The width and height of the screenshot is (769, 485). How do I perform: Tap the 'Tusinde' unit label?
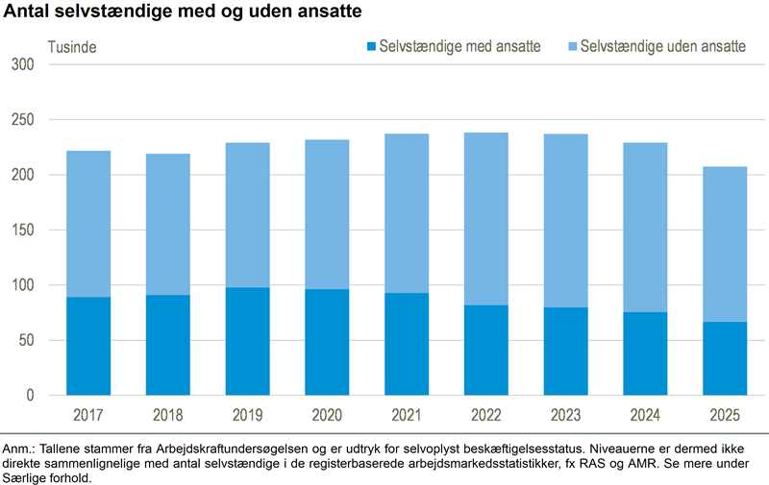pos(73,46)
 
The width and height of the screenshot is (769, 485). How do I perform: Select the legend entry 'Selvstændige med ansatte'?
pos(459,46)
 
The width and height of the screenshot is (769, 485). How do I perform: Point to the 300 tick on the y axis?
pos(22,64)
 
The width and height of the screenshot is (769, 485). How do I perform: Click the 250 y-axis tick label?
pos(22,120)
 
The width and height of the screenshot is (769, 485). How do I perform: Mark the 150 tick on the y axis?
pos(22,230)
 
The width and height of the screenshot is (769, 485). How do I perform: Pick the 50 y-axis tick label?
pos(26,341)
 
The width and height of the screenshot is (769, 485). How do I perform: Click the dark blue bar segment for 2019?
pos(248,341)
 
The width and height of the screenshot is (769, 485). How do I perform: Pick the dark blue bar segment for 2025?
pos(726,358)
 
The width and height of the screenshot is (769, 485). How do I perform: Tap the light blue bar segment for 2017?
pos(88,224)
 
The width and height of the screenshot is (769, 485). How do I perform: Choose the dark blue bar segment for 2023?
pos(566,351)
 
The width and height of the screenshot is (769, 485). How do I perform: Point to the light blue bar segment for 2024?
pos(646,228)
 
